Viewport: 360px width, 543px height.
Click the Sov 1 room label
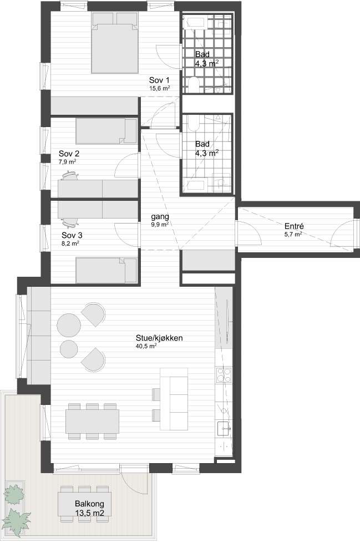coord(159,80)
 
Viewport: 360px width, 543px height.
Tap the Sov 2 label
coord(69,154)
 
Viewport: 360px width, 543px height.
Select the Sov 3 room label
coord(72,235)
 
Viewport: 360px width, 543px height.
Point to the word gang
coord(160,217)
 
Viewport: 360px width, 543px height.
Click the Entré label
coord(294,226)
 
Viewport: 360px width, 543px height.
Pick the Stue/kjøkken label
coord(159,338)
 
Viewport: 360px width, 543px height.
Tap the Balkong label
coord(89,504)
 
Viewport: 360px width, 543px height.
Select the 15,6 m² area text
coord(159,88)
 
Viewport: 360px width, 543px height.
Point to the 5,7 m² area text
coord(293,234)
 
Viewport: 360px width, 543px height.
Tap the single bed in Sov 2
coord(107,131)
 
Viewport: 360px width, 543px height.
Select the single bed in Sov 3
coord(107,270)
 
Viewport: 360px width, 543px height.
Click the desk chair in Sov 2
coord(70,175)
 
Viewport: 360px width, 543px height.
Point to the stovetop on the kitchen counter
coord(224,375)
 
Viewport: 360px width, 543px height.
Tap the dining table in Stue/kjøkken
coord(93,422)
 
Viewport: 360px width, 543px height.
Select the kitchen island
coord(174,399)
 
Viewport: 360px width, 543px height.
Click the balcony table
coord(85,504)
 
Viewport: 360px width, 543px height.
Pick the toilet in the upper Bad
coord(194,84)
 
